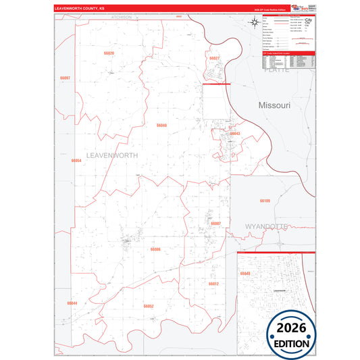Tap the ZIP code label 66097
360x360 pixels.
tap(65, 78)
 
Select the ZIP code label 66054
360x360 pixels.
tap(76, 161)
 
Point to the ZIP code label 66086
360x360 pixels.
tap(155, 249)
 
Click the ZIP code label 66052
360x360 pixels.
tap(149, 306)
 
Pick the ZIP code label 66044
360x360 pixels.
tap(72, 303)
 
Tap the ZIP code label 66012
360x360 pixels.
tap(213, 284)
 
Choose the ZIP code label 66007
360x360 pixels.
tap(216, 223)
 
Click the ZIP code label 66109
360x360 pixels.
tap(265, 201)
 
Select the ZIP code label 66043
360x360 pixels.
tap(235, 134)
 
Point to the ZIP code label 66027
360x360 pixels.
tap(214, 59)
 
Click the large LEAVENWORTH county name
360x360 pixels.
tap(112, 155)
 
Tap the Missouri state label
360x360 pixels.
tap(274, 106)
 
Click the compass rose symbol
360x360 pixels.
tap(253, 24)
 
